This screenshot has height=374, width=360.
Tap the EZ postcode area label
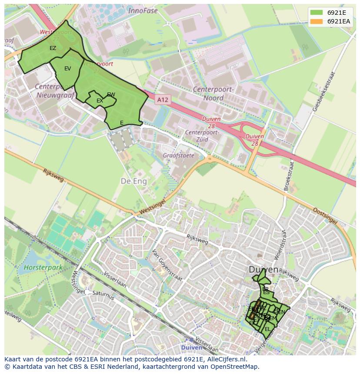[53, 48]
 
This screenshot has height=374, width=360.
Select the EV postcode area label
[67, 69]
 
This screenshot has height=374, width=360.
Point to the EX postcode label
[100, 101]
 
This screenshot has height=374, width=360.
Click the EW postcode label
[111, 95]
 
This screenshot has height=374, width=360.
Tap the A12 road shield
[162, 100]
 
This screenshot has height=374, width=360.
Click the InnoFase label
[143, 11]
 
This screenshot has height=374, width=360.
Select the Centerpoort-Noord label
[213, 94]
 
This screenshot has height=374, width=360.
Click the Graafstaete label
[178, 155]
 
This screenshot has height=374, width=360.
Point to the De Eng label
[133, 181]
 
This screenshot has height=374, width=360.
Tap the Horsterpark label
[43, 268]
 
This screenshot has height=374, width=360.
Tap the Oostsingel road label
[325, 216]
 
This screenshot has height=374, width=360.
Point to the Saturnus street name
[103, 295]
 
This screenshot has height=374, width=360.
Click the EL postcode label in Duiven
[267, 329]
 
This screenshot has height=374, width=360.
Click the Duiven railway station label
[191, 348]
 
